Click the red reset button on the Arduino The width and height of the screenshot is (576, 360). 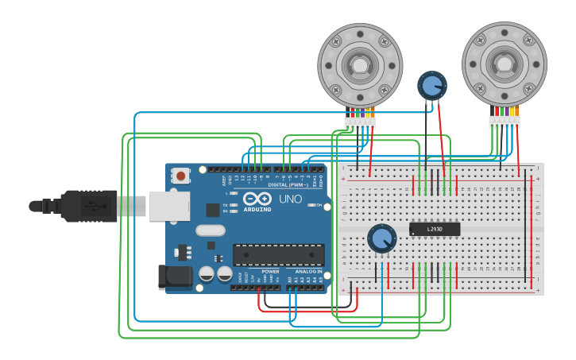click(x=181, y=176)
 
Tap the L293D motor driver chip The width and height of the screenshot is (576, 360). click(x=434, y=229)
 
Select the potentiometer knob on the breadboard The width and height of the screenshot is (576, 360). click(x=381, y=238)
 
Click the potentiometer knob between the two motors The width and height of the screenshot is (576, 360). click(x=431, y=85)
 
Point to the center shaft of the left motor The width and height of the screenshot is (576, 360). click(x=360, y=64)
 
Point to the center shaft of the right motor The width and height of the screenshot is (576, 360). click(x=504, y=63)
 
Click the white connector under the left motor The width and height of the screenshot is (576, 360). click(x=360, y=123)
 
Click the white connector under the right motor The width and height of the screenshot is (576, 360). click(x=504, y=122)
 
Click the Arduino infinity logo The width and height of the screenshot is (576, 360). click(x=257, y=199)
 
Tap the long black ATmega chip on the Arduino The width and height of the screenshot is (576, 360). click(x=278, y=255)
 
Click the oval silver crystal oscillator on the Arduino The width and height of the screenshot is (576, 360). click(x=210, y=230)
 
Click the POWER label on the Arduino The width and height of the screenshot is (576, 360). click(x=270, y=271)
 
